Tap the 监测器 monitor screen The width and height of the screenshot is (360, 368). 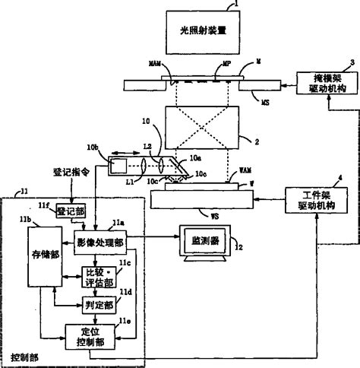(x=205, y=242)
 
